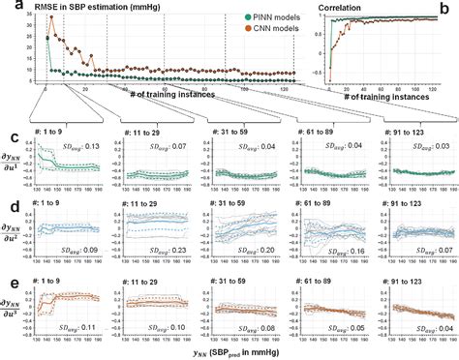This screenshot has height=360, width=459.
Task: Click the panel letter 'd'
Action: [x=7, y=205]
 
